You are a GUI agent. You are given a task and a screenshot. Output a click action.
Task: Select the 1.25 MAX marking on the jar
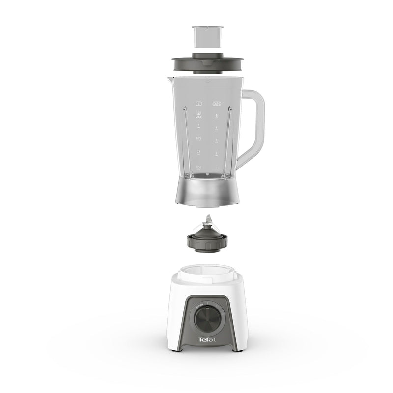click(x=199, y=114)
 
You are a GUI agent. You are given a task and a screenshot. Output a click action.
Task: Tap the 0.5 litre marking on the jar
click(x=199, y=153)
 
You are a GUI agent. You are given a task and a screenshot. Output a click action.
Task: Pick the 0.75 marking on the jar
click(x=199, y=139)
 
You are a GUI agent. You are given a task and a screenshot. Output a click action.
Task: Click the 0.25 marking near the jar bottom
click(x=199, y=168)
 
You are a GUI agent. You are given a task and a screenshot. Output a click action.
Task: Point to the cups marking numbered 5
click(x=217, y=116)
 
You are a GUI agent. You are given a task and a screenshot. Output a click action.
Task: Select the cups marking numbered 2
click(x=217, y=154)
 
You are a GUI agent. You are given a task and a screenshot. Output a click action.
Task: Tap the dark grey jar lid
click(x=207, y=64)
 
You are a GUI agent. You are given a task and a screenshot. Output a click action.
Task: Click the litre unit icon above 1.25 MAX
click(x=199, y=104)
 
